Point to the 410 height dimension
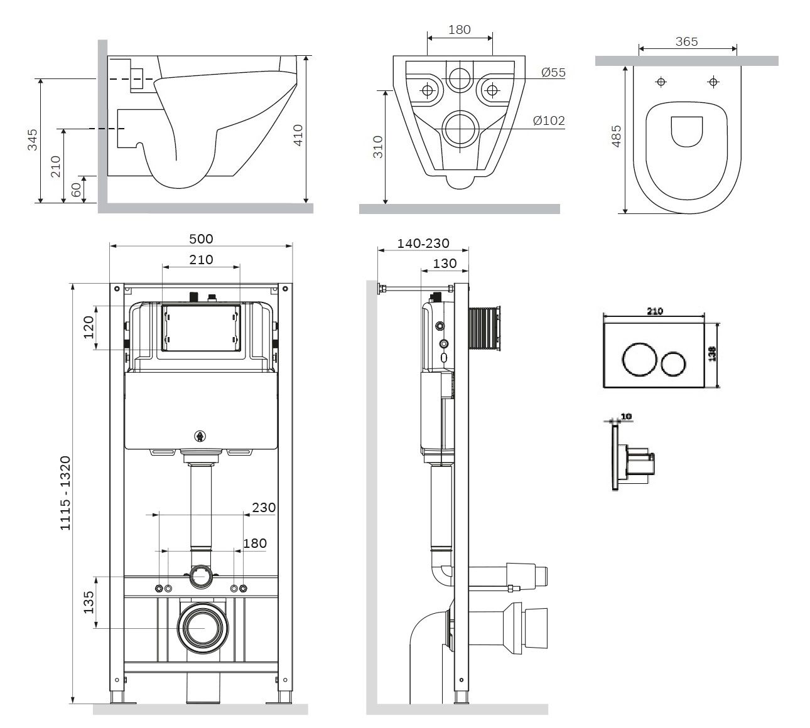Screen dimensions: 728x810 298,136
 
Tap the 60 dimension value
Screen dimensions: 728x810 77,190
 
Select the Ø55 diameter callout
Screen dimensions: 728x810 553,72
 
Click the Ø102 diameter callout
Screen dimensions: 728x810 549,120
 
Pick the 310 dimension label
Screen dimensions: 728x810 378,147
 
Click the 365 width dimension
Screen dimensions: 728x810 686,41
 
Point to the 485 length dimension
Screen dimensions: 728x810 616,136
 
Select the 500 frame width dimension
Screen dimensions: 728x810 201,238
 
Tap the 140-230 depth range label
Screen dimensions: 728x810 423,244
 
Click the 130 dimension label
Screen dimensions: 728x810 445,264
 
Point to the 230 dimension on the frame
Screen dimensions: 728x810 264,507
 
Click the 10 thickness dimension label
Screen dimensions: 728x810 625,416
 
